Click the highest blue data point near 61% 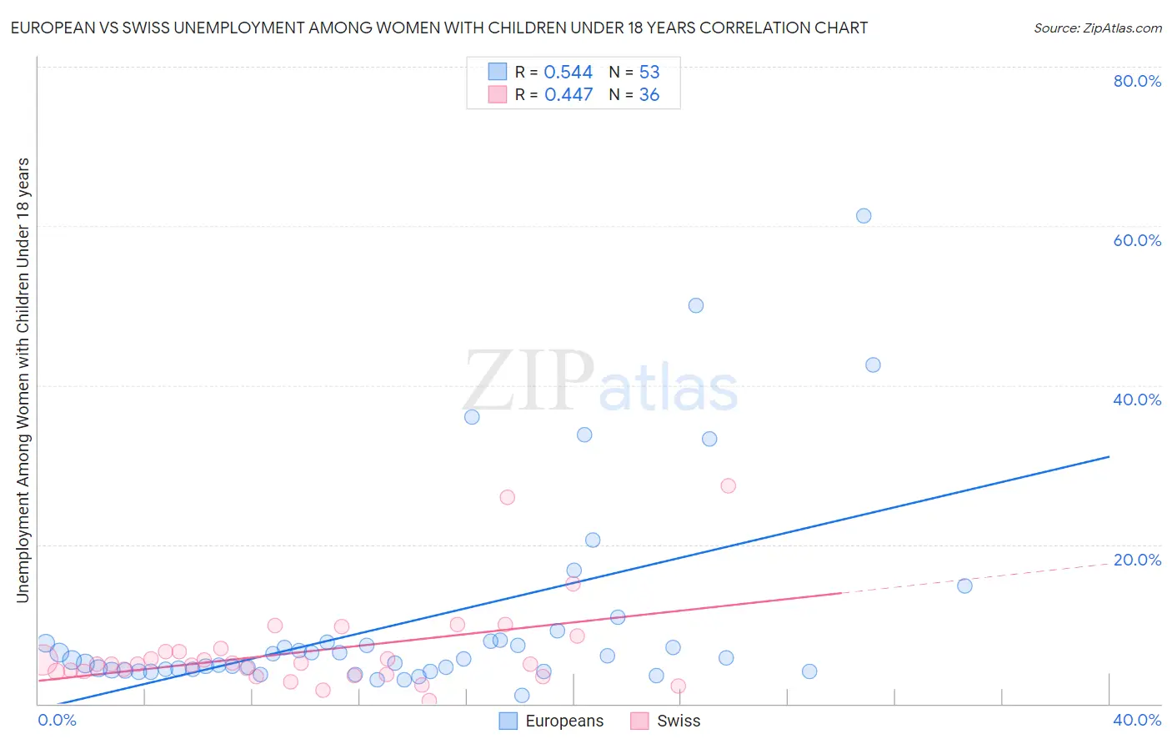864,216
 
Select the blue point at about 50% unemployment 696,305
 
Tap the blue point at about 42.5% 873,364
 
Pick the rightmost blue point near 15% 964,586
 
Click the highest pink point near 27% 728,485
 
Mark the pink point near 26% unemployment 507,497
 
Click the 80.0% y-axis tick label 1137,81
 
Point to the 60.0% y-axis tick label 1137,240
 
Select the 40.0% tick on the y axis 1137,400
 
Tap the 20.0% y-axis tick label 1137,560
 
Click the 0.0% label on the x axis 58,720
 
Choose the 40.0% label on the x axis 1137,720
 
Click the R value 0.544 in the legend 568,73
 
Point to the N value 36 649,95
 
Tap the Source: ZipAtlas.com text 1097,28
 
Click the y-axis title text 23,380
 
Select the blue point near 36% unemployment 472,417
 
